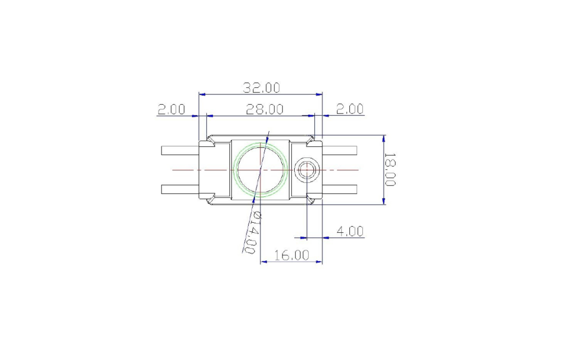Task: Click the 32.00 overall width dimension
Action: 262,88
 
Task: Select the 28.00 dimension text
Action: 264,109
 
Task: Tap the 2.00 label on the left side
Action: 172,109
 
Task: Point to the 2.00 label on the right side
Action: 350,109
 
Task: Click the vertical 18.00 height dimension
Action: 389,169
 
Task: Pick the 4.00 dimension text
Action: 350,231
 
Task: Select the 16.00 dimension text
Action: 292,255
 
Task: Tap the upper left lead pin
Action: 181,150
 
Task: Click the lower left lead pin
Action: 181,189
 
